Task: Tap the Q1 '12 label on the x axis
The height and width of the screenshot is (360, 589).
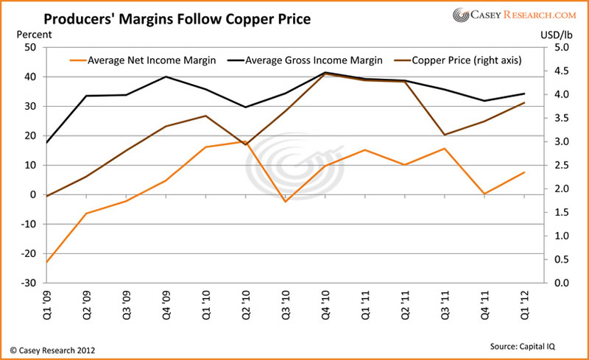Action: [x=524, y=302]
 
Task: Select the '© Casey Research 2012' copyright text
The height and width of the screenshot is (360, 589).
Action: [x=52, y=349]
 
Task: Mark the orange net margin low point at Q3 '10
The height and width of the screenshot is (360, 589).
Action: [x=285, y=202]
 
